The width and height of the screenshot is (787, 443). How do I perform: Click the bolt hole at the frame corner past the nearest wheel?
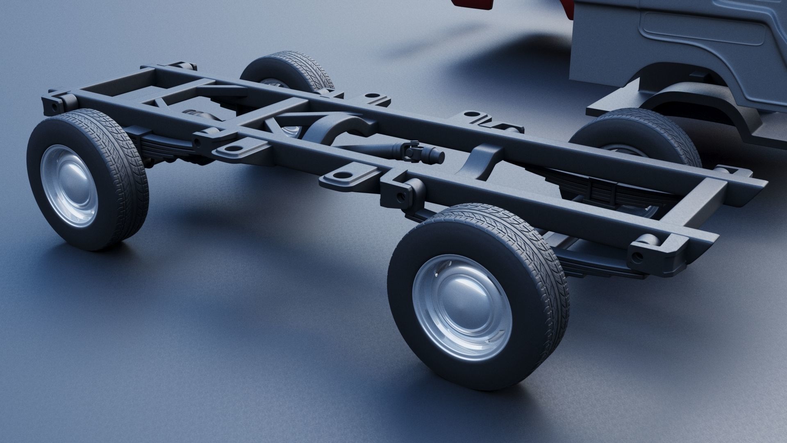point(637,256)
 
